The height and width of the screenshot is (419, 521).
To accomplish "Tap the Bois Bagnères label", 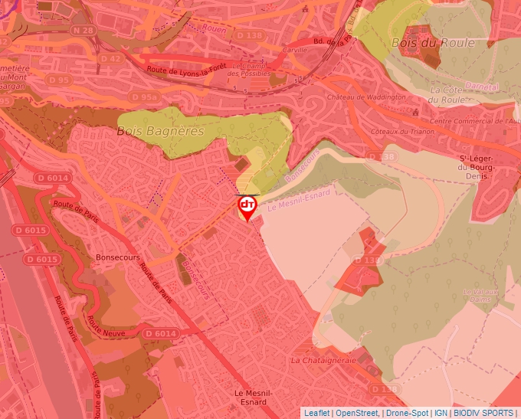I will pos(160,131).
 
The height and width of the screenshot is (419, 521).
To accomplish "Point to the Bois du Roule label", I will pos(432,43).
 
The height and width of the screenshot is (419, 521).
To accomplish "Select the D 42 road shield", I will pos(110,58).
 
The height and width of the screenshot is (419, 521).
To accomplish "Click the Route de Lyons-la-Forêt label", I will pos(188,70).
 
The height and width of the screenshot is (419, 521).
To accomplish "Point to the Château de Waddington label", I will pos(366,97).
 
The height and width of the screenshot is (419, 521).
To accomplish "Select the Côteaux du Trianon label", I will pos(402,131).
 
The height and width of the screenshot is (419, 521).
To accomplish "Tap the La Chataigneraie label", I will pos(323,359).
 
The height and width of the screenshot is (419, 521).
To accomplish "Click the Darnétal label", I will pos(482,87).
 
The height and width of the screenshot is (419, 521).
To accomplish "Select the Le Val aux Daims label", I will pos(480,296).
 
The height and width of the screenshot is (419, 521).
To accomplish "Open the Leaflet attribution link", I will pos(317,413).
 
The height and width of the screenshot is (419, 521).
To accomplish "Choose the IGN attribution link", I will pos(441,413).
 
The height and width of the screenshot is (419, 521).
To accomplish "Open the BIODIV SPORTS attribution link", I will pos(484,413).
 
